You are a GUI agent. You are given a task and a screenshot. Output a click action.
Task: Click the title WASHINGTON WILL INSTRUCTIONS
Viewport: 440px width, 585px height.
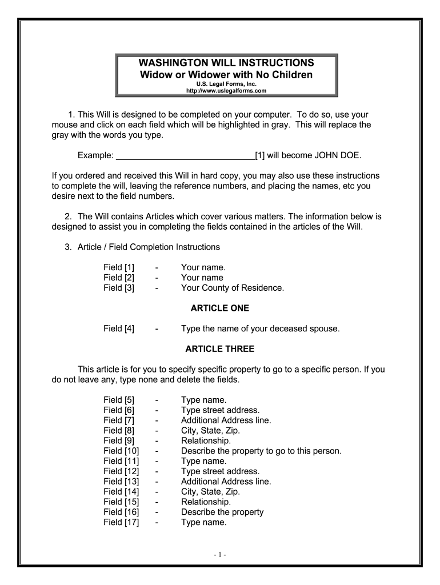click(x=227, y=62)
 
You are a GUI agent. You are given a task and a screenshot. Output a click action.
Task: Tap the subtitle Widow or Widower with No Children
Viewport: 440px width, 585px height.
click(x=227, y=75)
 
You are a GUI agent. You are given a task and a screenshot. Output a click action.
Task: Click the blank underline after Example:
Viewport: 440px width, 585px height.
click(x=185, y=155)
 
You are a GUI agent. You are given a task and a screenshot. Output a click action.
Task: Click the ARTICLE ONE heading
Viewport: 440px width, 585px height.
click(x=219, y=308)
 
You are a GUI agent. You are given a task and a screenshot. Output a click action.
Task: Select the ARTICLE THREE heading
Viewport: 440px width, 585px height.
click(x=219, y=349)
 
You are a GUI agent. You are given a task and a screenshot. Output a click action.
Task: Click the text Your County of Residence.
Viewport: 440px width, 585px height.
click(x=232, y=288)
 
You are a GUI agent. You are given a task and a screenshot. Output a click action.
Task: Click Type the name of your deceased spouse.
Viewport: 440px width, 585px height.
click(x=260, y=328)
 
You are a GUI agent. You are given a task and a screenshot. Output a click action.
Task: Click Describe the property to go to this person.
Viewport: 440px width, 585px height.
click(x=261, y=451)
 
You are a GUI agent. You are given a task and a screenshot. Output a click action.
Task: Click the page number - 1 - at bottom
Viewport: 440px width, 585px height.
click(x=221, y=554)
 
